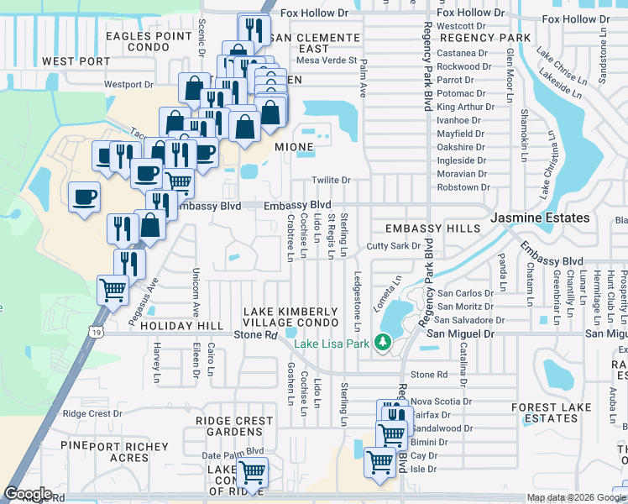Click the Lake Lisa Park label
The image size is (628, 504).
click(331, 342)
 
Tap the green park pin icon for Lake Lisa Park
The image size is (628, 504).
click(383, 342)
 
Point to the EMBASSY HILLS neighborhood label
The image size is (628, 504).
click(432, 228)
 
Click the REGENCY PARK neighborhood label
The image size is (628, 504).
click(484, 38)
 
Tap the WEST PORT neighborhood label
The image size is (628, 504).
click(76, 61)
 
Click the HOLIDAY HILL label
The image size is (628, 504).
click(181, 325)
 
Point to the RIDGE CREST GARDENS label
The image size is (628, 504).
click(234, 426)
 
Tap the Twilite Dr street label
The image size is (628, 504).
click(331, 181)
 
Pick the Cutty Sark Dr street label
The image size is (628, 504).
click(393, 246)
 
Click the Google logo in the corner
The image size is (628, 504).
click(28, 494)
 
